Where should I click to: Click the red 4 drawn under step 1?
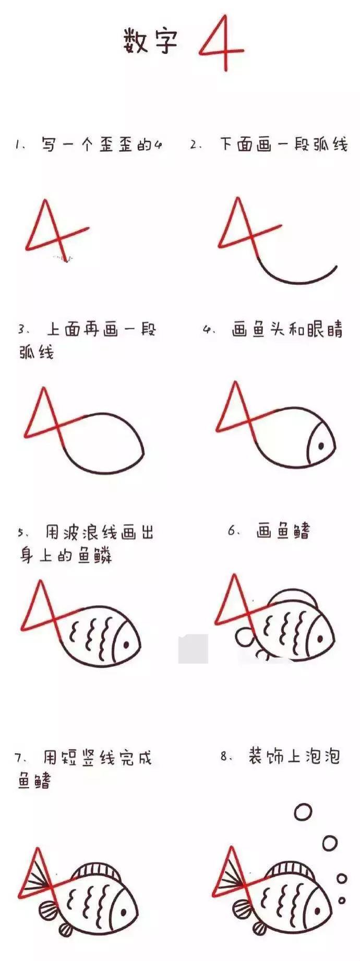[x=57, y=230]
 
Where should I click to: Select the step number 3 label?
[x=22, y=330]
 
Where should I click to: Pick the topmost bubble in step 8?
[x=303, y=812]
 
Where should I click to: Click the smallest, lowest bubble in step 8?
[x=342, y=900]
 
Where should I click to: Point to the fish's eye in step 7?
[x=124, y=911]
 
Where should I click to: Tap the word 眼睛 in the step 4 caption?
[x=325, y=330]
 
